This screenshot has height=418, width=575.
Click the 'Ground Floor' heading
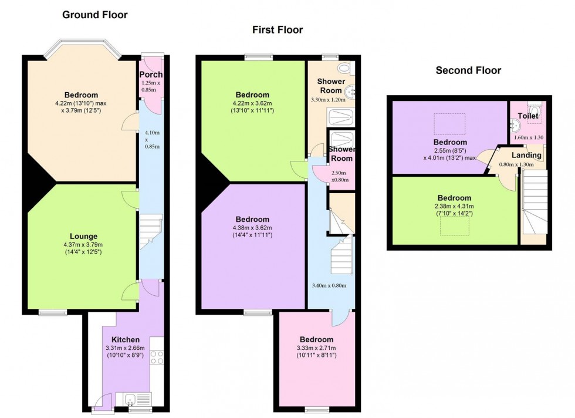pos(94,15)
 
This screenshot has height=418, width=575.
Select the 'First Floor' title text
pos(278,29)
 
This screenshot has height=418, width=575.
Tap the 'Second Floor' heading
pos(468,70)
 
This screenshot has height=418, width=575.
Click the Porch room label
pos(151,75)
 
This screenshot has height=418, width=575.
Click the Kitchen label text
pos(126,339)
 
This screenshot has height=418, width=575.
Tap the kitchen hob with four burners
pos(157,356)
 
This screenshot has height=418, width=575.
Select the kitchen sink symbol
pos(130,399)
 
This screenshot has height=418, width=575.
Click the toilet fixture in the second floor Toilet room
pos(535,110)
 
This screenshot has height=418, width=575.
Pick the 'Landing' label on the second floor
pos(527,155)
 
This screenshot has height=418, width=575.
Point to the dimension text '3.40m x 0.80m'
pos(331,286)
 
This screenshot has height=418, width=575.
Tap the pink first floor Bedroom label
pos(316,339)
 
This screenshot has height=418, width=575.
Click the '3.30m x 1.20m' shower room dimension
pos(329,100)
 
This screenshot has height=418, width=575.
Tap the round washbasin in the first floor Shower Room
pos(351,91)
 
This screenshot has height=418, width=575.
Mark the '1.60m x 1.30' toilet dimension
pos(527,137)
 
